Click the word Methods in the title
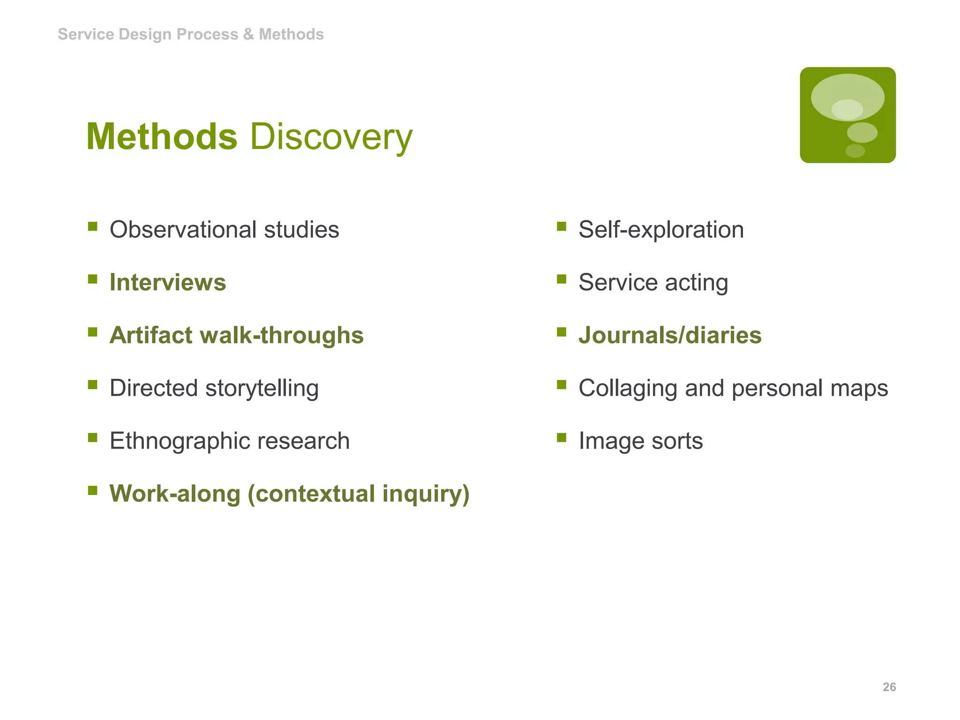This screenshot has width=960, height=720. click(x=162, y=137)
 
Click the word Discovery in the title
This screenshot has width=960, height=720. click(x=331, y=137)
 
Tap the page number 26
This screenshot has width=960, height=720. click(x=889, y=687)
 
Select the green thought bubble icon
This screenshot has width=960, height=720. click(x=847, y=115)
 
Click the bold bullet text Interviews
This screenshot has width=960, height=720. click(x=168, y=283)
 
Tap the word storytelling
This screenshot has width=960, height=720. click(x=262, y=389)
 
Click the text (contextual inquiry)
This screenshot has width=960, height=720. click(x=359, y=494)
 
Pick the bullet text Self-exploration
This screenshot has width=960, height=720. click(x=661, y=230)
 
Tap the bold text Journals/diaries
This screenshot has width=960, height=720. click(x=670, y=336)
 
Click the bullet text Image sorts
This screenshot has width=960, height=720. click(x=640, y=441)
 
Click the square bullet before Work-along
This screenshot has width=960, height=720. click(x=93, y=491)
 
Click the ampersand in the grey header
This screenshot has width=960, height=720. click(x=248, y=34)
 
